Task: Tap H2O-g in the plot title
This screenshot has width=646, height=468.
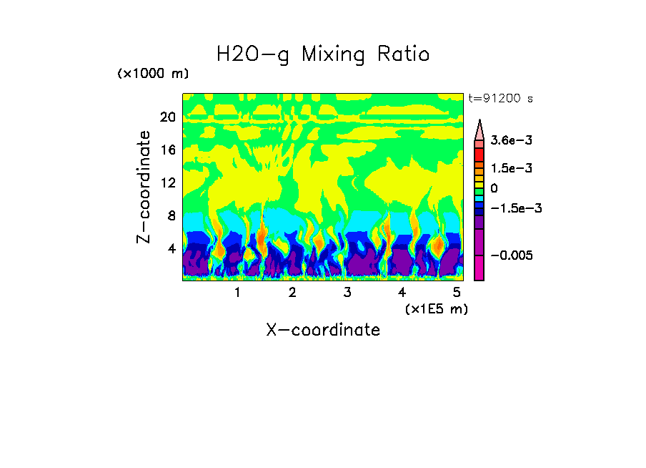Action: pos(254,54)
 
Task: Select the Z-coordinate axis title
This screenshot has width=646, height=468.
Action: pos(144,187)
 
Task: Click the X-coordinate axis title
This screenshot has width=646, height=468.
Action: pos(323,330)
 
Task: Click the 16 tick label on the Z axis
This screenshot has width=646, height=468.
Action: pos(167,150)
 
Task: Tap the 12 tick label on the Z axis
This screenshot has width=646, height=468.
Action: pos(167,182)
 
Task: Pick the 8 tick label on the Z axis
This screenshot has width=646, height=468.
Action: pos(171,215)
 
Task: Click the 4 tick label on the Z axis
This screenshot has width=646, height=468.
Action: pos(171,248)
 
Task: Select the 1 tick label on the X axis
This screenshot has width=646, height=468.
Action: pos(237,293)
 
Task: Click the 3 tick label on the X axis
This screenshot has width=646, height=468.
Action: pos(347,293)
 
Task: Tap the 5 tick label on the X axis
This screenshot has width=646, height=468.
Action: pos(457,293)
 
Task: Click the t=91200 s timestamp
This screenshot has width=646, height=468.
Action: pos(500,99)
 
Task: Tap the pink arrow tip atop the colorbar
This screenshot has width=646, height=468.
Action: pos(479,130)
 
